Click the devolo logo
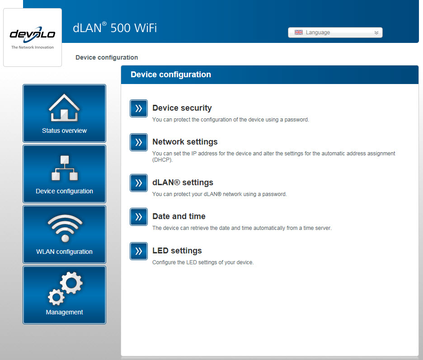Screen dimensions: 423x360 [x=33, y=34]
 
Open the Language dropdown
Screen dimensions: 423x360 [x=335, y=33]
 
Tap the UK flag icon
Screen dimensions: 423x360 [x=299, y=33]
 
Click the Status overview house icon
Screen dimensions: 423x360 [x=64, y=108]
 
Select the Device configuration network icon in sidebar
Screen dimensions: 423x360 [x=65, y=168]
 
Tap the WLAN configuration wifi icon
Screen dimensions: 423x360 [x=65, y=228]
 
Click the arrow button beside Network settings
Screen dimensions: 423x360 [x=139, y=142]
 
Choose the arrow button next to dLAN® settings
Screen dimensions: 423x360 [x=139, y=183]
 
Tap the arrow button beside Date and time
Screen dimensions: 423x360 [x=139, y=216]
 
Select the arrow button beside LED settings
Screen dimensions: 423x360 [x=139, y=251]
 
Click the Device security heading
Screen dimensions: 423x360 [x=182, y=108]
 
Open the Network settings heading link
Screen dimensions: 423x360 [x=185, y=142]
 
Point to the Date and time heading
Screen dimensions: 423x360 [x=179, y=216]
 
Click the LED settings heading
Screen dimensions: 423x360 [x=177, y=251]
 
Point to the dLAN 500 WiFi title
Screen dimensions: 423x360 [x=115, y=28]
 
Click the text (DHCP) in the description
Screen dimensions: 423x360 [x=162, y=160]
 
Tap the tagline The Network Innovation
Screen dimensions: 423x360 [x=33, y=47]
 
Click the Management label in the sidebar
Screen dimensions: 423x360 [x=65, y=312]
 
